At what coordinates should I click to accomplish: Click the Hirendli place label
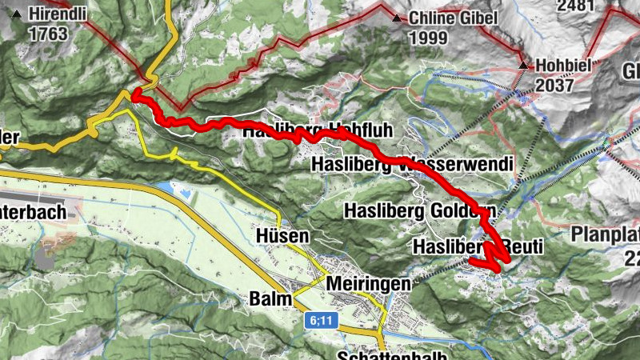(58, 14)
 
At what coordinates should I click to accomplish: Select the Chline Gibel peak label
(453, 18)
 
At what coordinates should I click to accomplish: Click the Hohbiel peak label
(564, 65)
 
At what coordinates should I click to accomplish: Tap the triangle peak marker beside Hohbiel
(523, 65)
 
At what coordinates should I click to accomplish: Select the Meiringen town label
(369, 284)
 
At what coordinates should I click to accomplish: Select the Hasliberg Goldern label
(419, 211)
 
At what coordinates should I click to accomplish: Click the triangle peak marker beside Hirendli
(16, 14)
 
